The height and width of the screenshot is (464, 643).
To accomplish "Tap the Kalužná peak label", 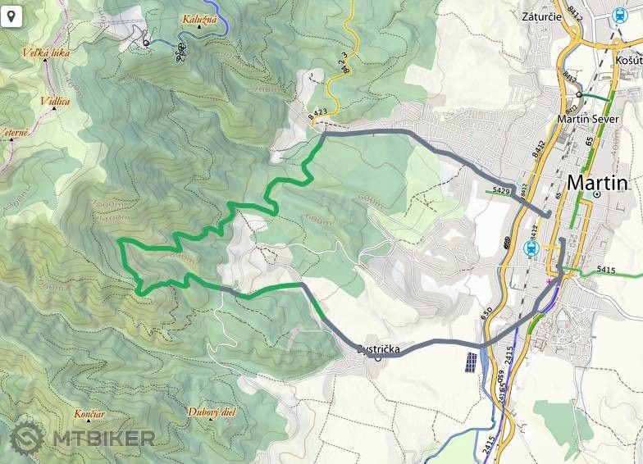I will (199, 19).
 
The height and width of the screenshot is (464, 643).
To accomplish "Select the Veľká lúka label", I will (46, 54).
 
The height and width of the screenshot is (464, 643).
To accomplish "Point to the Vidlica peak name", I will (55, 102).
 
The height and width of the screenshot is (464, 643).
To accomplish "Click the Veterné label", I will (15, 131).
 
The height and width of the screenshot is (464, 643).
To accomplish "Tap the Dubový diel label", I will (211, 412).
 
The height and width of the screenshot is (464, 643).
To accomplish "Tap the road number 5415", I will (606, 269).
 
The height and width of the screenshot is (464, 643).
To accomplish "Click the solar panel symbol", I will (469, 362).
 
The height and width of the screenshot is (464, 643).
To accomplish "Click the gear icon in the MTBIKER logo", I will (27, 439).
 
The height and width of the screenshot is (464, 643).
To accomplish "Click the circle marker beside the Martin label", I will (598, 194).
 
